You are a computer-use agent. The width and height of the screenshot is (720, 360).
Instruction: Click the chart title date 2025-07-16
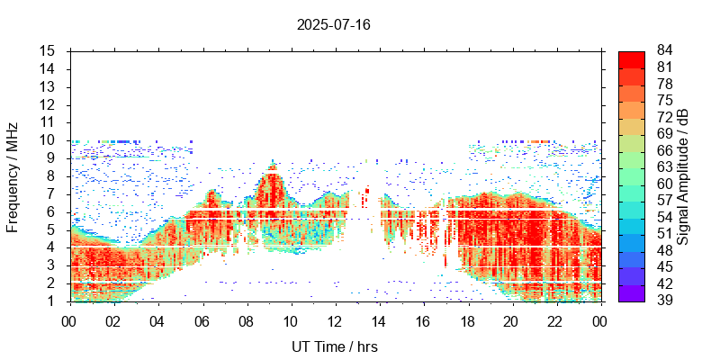pos(333,24)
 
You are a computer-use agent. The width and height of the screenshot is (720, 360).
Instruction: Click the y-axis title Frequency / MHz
pos(13,176)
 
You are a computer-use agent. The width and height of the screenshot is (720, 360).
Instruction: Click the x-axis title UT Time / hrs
pos(334,346)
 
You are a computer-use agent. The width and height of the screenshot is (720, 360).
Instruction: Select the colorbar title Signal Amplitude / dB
pos(683,176)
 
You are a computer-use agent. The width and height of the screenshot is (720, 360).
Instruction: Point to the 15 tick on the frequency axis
pos(48,50)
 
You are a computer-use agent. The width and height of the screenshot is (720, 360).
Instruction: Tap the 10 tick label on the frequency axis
pos(48,139)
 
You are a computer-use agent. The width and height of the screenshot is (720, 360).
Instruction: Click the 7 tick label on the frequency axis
pos(51,193)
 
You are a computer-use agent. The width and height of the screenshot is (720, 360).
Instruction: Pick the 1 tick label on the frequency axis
pos(51,301)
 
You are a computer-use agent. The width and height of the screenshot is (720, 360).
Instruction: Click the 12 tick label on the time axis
pos(334,319)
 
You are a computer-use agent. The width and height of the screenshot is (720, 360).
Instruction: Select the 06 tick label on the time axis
pos(202,319)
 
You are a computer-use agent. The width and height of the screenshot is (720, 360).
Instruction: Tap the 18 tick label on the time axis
pos(467,319)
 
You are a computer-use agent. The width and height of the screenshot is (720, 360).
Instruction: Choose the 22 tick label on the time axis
pos(555,319)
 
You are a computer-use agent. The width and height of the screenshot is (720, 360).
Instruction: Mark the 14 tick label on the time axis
pos(379,319)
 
